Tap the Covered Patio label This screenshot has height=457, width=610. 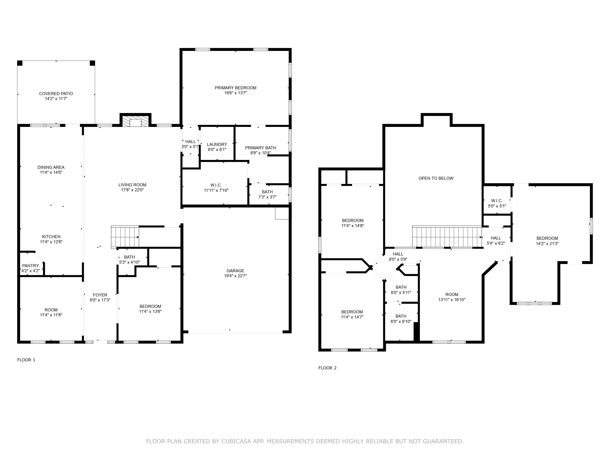click(x=56, y=94)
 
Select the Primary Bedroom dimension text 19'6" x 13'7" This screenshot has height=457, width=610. click(x=235, y=93)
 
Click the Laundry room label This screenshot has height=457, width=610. click(x=217, y=144)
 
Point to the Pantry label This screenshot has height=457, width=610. click(x=31, y=266)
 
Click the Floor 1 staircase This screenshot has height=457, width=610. click(x=125, y=237)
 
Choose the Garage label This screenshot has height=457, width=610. click(x=235, y=271)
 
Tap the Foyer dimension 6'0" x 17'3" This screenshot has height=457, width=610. click(x=100, y=300)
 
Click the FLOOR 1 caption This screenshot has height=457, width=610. click(x=26, y=360)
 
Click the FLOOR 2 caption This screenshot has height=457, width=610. click(x=327, y=368)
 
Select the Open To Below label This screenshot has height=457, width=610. click(x=436, y=178)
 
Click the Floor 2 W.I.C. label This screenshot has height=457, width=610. click(x=497, y=201)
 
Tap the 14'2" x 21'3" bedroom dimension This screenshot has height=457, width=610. click(x=547, y=244)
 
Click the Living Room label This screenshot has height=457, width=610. click(x=132, y=185)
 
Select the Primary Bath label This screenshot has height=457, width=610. click(x=261, y=148)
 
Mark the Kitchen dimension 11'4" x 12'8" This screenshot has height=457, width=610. click(x=51, y=242)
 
